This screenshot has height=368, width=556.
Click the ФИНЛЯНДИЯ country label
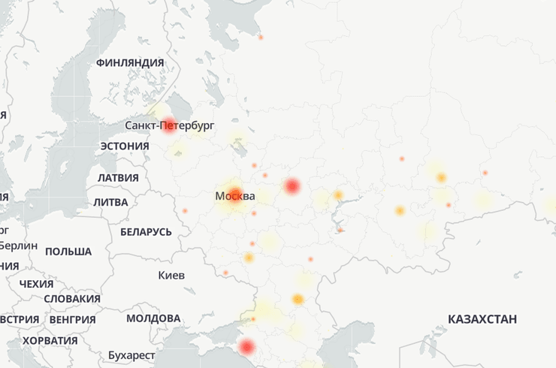pyautogui.click(x=130, y=63)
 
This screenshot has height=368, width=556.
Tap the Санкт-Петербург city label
pyautogui.click(x=171, y=124)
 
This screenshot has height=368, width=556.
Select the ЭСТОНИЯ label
pyautogui.click(x=124, y=146)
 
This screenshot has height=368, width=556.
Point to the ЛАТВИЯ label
pyautogui.click(x=119, y=178)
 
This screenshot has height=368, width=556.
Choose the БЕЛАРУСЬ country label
pyautogui.click(x=146, y=232)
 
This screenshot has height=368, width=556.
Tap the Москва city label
pyautogui.click(x=234, y=197)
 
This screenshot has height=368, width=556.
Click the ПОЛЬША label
pyautogui.click(x=68, y=252)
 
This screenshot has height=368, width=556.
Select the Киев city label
pyautogui.click(x=171, y=276)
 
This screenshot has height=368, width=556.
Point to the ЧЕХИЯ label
pyautogui.click(x=36, y=285)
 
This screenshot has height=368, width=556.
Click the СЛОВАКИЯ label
pyautogui.click(x=72, y=299)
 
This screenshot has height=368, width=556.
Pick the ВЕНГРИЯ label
pyautogui.click(x=72, y=320)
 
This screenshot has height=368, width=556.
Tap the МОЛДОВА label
pyautogui.click(x=153, y=318)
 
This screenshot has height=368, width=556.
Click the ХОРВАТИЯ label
pyautogui.click(x=50, y=341)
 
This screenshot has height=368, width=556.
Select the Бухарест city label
pyautogui.click(x=131, y=354)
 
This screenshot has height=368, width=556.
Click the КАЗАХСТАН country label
pyautogui.click(x=482, y=320)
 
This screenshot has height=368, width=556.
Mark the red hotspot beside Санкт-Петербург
pyautogui.click(x=169, y=125)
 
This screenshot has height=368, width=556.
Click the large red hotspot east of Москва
pyautogui.click(x=292, y=186)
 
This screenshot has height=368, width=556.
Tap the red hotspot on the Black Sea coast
pyautogui.click(x=246, y=347)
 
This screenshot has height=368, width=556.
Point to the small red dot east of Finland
pyautogui.click(x=261, y=37)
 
